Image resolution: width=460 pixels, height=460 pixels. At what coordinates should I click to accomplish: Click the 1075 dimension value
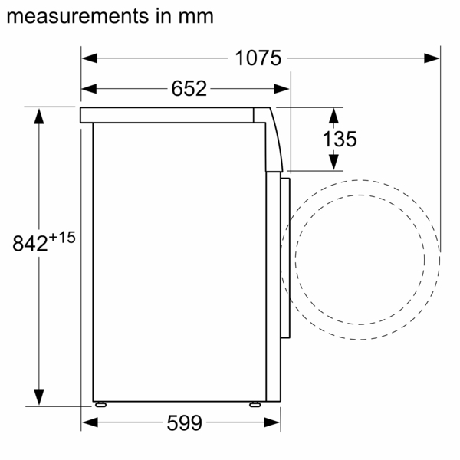(x=258, y=58)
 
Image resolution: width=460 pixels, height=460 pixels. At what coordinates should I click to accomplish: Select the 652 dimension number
(x=189, y=88)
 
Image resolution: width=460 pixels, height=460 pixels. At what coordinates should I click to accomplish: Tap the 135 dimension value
(x=340, y=139)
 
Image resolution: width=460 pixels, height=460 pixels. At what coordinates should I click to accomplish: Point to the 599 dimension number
(x=185, y=422)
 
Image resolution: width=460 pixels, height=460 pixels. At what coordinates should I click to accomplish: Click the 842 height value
(x=30, y=243)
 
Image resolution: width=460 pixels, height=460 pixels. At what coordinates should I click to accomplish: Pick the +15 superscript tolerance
(x=62, y=238)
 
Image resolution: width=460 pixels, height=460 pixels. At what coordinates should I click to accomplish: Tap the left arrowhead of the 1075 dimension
(x=90, y=58)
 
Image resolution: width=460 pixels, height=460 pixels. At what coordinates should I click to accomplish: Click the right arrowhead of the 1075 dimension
(x=432, y=58)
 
